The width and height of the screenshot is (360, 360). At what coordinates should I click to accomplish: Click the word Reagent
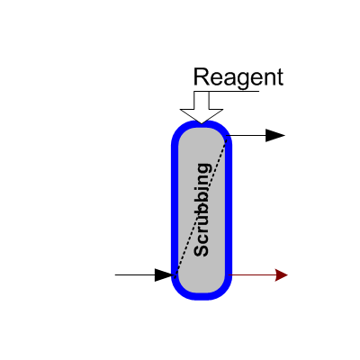pos(238,78)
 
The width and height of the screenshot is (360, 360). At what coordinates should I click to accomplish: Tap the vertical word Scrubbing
pos(202,210)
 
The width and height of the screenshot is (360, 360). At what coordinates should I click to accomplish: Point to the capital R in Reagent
pos(202,76)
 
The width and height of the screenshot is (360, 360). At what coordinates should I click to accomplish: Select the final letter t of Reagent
pos(280,77)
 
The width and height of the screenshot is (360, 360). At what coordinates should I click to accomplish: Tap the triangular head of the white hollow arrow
pos(202,116)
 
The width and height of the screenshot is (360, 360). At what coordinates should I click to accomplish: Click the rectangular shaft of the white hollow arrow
pos(202,101)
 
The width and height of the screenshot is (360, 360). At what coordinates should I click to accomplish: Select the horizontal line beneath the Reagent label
pos(227,91)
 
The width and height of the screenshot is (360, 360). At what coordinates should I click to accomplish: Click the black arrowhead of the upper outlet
pos(275,136)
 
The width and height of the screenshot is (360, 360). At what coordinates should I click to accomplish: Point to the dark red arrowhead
pos(282,274)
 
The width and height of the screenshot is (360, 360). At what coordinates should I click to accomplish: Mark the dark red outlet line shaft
pos(252,274)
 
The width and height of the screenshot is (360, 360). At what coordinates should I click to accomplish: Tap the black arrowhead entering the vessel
pos(165,274)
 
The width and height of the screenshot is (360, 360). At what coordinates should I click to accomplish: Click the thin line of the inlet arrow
pos(135,274)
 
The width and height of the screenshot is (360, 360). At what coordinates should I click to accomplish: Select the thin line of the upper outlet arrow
pos(246,136)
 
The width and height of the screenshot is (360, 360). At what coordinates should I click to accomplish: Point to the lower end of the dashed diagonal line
pos(175,274)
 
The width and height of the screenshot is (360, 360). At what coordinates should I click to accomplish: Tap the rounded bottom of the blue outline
pos(202,296)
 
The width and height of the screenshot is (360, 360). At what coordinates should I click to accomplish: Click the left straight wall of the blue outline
pos(175,210)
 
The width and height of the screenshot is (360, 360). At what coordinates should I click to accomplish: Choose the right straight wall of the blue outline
pos(229,210)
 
